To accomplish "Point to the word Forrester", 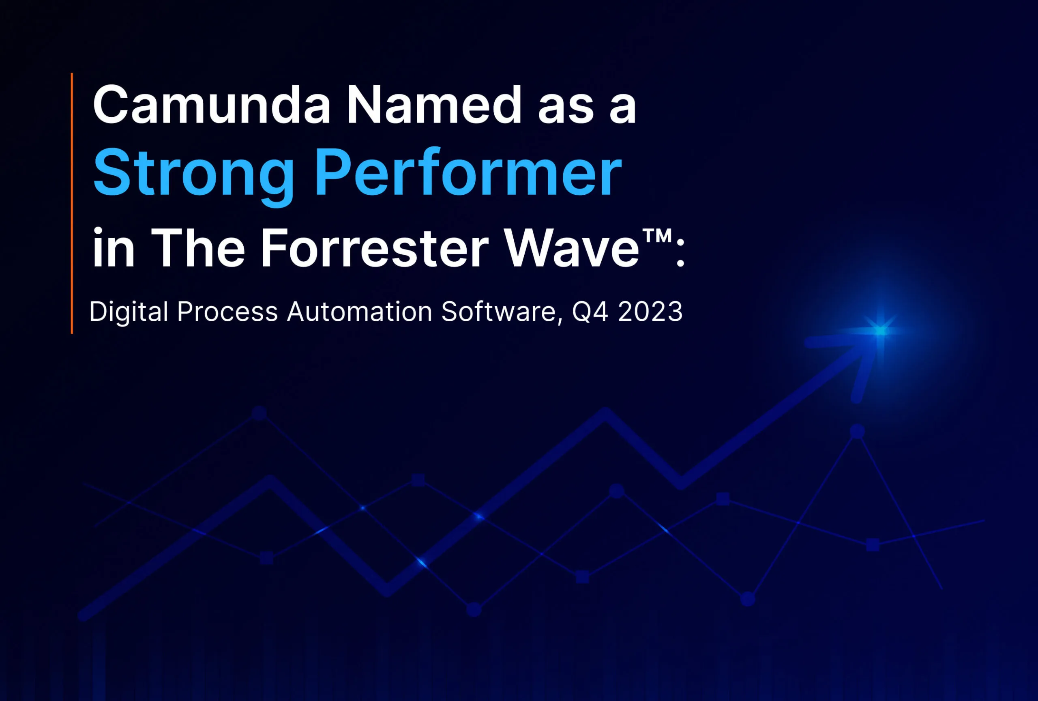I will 374,248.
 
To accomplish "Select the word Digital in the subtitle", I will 129,312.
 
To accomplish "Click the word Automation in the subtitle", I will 359,312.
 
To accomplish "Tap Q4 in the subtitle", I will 590,312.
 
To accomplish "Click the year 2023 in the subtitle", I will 650,312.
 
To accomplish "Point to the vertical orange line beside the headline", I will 72,203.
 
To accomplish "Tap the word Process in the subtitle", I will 227,312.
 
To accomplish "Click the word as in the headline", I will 566,107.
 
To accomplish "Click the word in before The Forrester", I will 114,248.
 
